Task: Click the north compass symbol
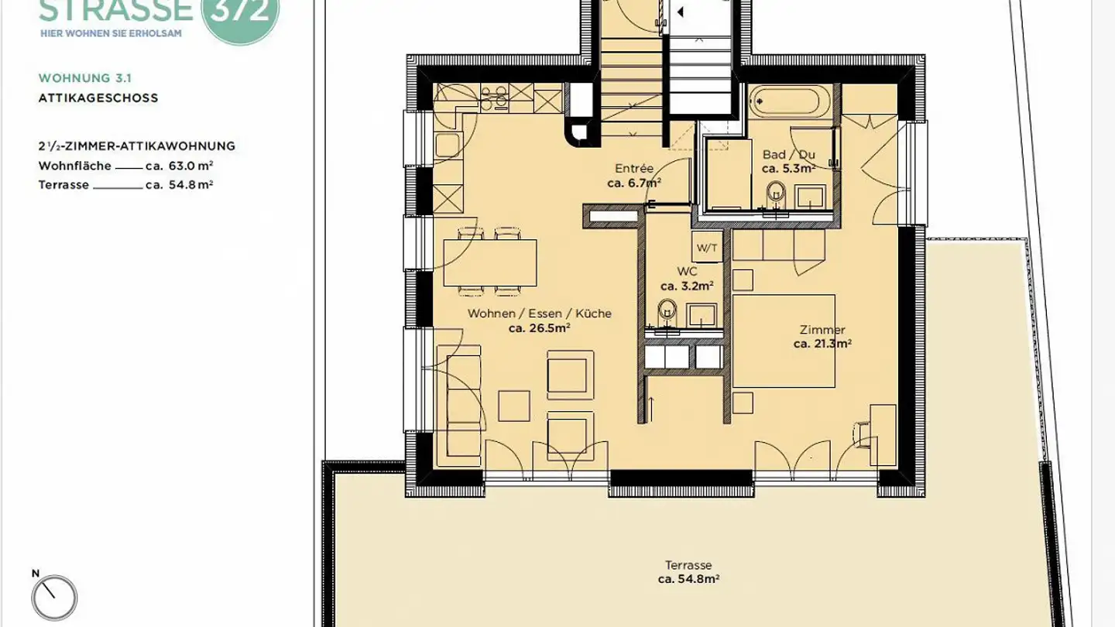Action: point(54,597)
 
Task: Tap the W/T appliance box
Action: point(707,248)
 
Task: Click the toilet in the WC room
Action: point(667,311)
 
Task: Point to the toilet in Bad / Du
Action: point(776,194)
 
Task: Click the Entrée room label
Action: point(633,168)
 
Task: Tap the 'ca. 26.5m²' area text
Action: point(539,328)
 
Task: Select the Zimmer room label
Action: point(822,330)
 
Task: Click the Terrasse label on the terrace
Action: point(688,565)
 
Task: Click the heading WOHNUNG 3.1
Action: point(84,78)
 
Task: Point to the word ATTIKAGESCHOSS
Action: point(98,98)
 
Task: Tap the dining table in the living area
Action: point(490,262)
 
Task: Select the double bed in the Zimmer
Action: point(784,341)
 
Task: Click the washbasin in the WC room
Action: point(702,315)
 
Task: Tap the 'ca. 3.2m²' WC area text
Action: point(687,286)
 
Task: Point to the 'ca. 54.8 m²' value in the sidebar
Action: point(179,184)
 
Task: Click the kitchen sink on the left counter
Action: point(448,145)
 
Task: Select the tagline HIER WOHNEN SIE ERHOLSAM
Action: point(111,34)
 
